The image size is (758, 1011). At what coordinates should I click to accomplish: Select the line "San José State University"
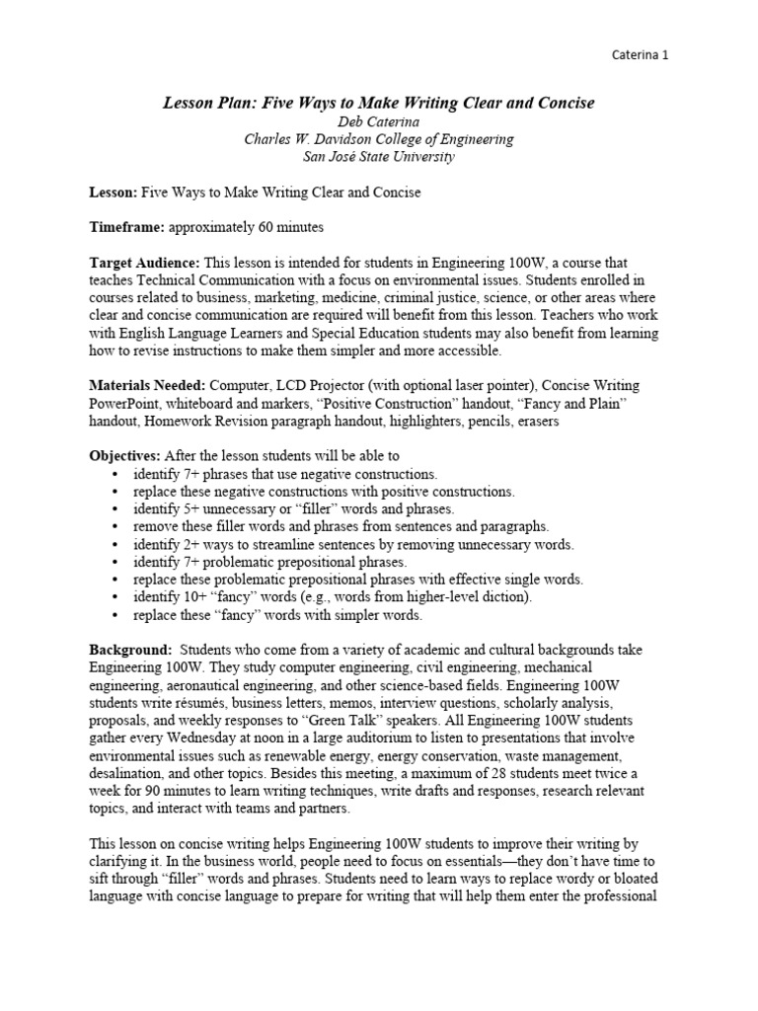tap(379, 156)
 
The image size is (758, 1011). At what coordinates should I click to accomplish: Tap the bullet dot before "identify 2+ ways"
tap(116, 545)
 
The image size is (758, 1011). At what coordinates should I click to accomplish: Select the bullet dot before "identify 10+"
tap(116, 598)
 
